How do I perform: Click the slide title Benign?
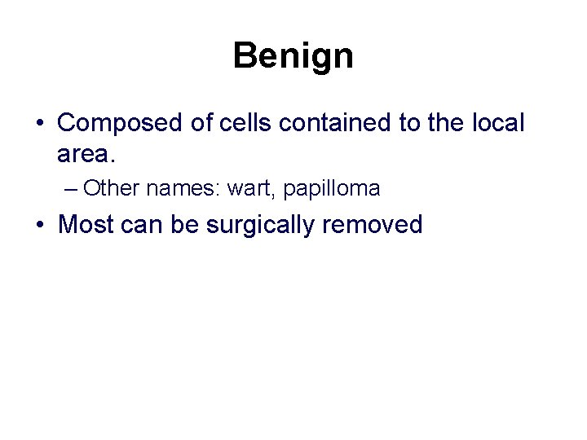[x=293, y=56]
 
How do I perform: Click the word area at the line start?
[x=86, y=153]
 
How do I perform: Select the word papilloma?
[x=332, y=189]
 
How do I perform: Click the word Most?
[x=86, y=224]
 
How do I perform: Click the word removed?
[x=373, y=224]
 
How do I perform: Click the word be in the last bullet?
[x=187, y=224]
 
